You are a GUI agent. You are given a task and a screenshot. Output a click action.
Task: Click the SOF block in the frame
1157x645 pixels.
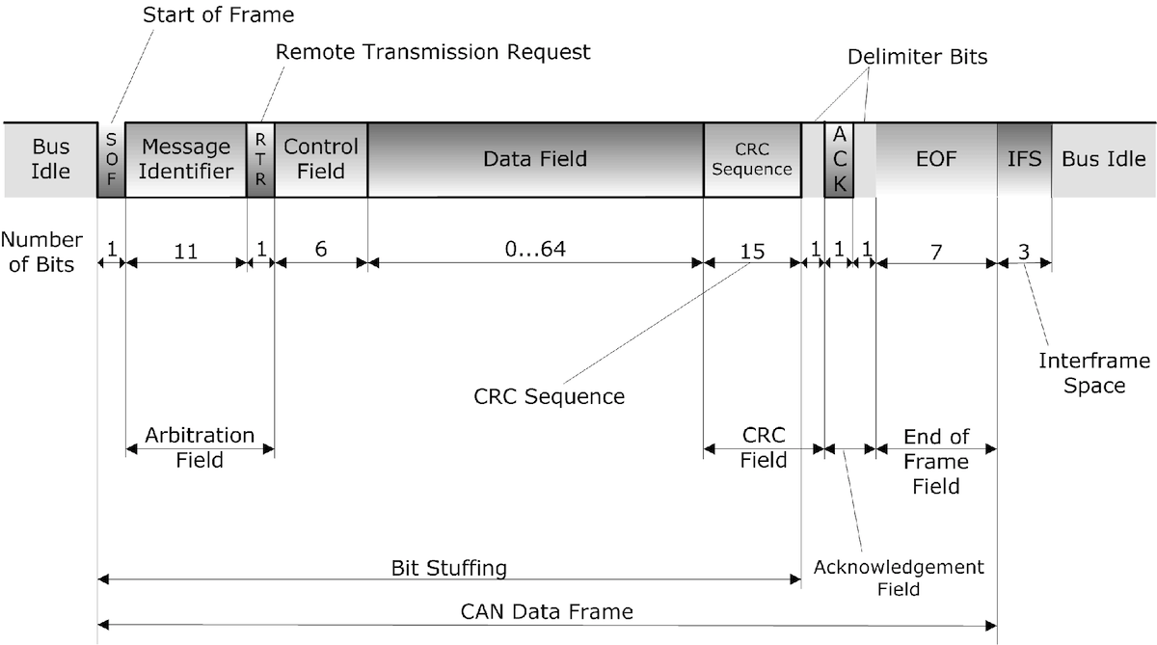pos(111,160)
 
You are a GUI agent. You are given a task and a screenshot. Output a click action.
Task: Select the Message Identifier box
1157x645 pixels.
pos(186,160)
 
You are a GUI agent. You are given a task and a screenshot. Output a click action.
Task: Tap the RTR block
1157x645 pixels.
pos(260,160)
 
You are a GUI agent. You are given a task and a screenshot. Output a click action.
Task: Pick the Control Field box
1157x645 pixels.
pos(320,160)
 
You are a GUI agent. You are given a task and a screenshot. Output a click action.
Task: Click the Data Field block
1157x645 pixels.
pos(535,160)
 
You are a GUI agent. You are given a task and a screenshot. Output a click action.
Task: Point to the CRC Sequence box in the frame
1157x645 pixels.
pos(752,160)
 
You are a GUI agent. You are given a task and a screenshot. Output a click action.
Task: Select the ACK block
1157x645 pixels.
pos(839,160)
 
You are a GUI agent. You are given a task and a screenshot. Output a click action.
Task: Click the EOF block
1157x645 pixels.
pos(936,160)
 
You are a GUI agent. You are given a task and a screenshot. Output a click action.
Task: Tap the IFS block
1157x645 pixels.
pos(1024,160)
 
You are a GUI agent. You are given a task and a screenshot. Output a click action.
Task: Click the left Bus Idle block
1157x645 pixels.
pos(51,160)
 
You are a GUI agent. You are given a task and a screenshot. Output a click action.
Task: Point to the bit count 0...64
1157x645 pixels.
pos(534,250)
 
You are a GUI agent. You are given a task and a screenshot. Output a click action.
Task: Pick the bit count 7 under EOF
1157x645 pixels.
pos(935,250)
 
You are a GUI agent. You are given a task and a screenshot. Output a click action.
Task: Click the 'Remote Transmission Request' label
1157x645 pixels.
pos(433,52)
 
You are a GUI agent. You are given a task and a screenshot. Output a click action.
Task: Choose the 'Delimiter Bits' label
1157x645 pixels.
pos(918,58)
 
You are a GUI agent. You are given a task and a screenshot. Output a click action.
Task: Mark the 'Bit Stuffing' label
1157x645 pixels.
pos(448,568)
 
